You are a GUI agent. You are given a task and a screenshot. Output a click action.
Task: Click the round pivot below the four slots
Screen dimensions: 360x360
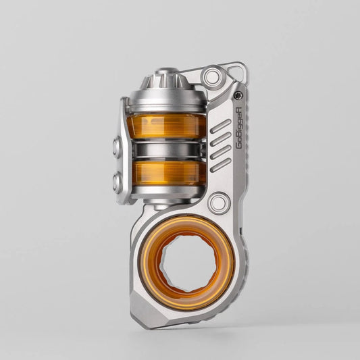218,202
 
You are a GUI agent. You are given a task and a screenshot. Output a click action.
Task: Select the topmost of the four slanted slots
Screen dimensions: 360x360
220,126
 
